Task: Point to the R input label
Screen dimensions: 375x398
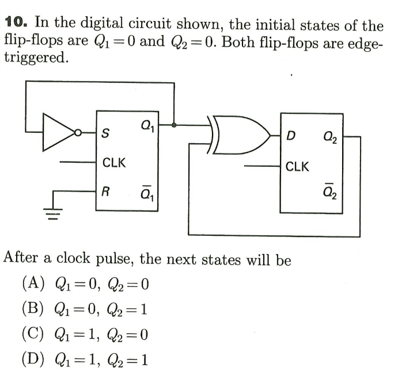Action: tap(105, 190)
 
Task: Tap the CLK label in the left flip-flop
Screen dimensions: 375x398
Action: tap(115, 162)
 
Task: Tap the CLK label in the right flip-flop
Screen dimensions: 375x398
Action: tap(298, 167)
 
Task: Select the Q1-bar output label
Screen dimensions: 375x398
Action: tap(147, 190)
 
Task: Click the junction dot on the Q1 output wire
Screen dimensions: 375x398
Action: tap(174, 124)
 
